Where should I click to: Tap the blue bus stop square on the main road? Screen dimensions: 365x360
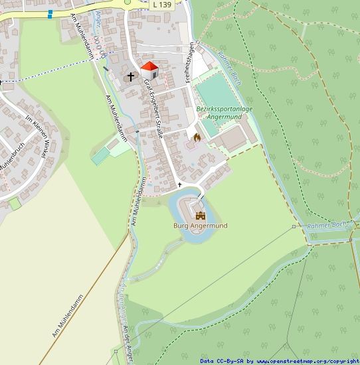(x=50, y=13)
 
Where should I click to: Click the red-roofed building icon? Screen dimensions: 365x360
(x=149, y=69)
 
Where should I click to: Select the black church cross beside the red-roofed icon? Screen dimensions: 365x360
(x=131, y=76)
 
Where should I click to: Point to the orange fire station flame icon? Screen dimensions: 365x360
(x=197, y=137)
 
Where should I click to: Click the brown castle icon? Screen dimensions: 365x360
(x=201, y=215)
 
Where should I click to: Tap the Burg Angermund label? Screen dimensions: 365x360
(x=200, y=226)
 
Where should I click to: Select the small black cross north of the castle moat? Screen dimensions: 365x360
(x=179, y=184)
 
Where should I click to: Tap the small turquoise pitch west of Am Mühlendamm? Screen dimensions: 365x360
(x=101, y=157)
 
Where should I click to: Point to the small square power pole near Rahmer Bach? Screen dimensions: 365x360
(x=294, y=226)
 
